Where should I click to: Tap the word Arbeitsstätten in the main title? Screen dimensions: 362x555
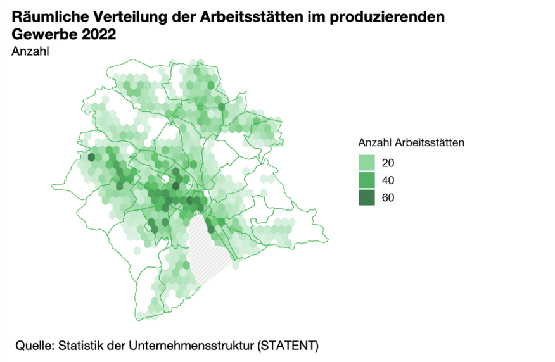coord(242,18)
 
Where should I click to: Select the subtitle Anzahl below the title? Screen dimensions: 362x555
coord(30,51)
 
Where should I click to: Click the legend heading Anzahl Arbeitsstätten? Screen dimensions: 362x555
coord(412,142)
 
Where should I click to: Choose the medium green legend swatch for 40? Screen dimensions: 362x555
coord(367,180)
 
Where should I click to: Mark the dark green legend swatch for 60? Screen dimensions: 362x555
coord(367,197)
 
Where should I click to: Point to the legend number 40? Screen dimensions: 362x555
coord(388,180)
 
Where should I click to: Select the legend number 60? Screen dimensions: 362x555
coord(388,197)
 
